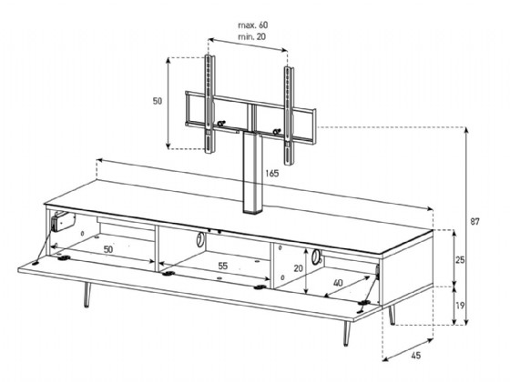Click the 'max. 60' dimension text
point(253,25)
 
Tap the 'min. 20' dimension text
point(251,36)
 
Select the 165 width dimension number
point(272,174)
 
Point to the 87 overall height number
point(474,222)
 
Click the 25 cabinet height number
point(460,260)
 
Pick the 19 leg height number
point(460,306)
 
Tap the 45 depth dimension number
point(415,356)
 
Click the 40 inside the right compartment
point(338,283)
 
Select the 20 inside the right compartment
point(298,268)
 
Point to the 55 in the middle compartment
point(223,266)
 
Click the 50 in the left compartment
point(108,249)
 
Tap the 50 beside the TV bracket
point(158,101)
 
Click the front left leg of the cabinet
point(87,295)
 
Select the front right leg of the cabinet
point(347,333)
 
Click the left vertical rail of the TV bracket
point(209,104)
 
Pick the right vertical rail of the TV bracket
point(289,116)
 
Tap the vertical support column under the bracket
point(252,172)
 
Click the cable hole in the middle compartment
point(199,240)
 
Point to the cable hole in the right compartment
point(315,256)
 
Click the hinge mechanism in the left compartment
point(63,221)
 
